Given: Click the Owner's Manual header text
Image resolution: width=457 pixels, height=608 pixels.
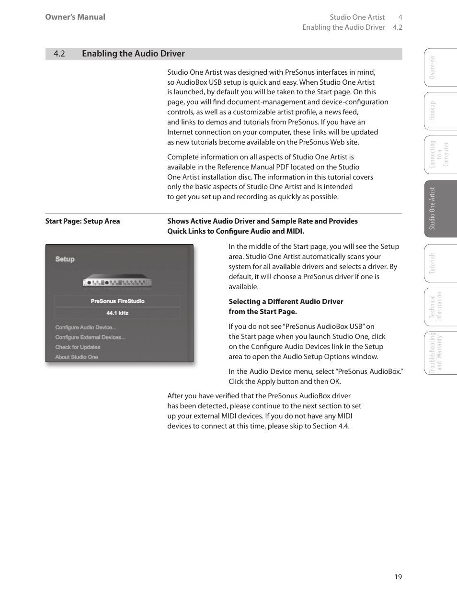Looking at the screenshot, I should (75, 17).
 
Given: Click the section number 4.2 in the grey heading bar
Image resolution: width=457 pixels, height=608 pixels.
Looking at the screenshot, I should (59, 54).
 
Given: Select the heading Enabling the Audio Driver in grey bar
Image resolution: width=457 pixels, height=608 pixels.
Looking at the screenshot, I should (133, 54).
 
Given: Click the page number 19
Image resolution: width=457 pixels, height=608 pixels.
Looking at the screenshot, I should (398, 577).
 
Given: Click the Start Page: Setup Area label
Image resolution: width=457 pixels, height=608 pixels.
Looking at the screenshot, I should (82, 221).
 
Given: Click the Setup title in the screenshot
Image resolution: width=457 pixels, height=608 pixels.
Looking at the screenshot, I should (65, 259).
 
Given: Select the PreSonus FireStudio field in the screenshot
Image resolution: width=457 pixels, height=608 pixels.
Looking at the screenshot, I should (118, 301).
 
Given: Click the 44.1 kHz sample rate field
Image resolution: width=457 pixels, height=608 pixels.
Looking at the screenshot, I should (118, 313).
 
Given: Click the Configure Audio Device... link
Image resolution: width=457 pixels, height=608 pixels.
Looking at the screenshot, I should (86, 327).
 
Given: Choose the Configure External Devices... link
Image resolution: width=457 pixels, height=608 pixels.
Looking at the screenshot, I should (90, 338).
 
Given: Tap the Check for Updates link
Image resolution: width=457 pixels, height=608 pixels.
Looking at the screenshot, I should (78, 347).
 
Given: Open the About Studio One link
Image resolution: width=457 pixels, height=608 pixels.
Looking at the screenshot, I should (77, 357).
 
